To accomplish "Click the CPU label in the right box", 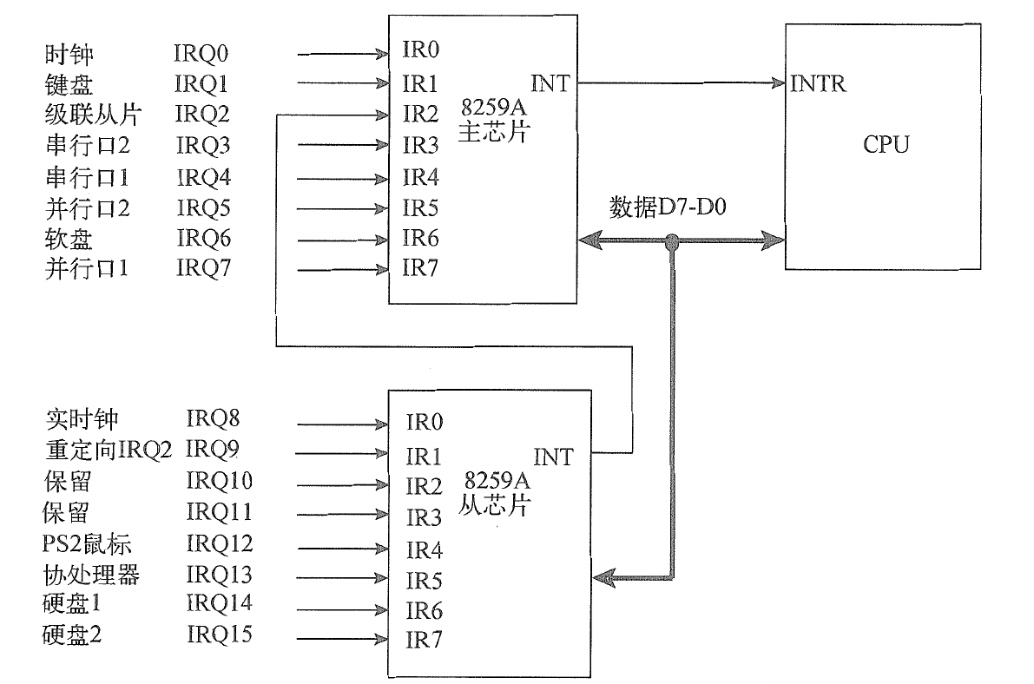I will point(886,144).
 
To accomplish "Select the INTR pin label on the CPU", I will point(819,84).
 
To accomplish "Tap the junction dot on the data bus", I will point(671,243).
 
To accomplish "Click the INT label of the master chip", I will point(550,83).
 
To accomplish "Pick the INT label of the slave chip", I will point(553,457).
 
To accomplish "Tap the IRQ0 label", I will point(201,55).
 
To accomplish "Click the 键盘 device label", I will point(69,84).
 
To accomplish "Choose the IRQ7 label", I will point(204,269).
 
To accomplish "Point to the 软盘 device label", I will point(69,238).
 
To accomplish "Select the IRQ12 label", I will point(220,544).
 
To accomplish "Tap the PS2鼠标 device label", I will point(89,544).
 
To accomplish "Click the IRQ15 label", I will point(220,635).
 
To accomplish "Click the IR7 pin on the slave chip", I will point(425,641).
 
